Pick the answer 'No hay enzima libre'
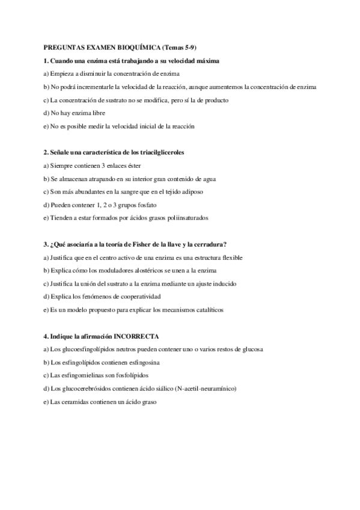click(x=70, y=113)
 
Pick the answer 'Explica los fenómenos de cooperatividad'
click(x=104, y=296)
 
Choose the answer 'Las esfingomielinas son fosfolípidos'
click(x=91, y=375)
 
